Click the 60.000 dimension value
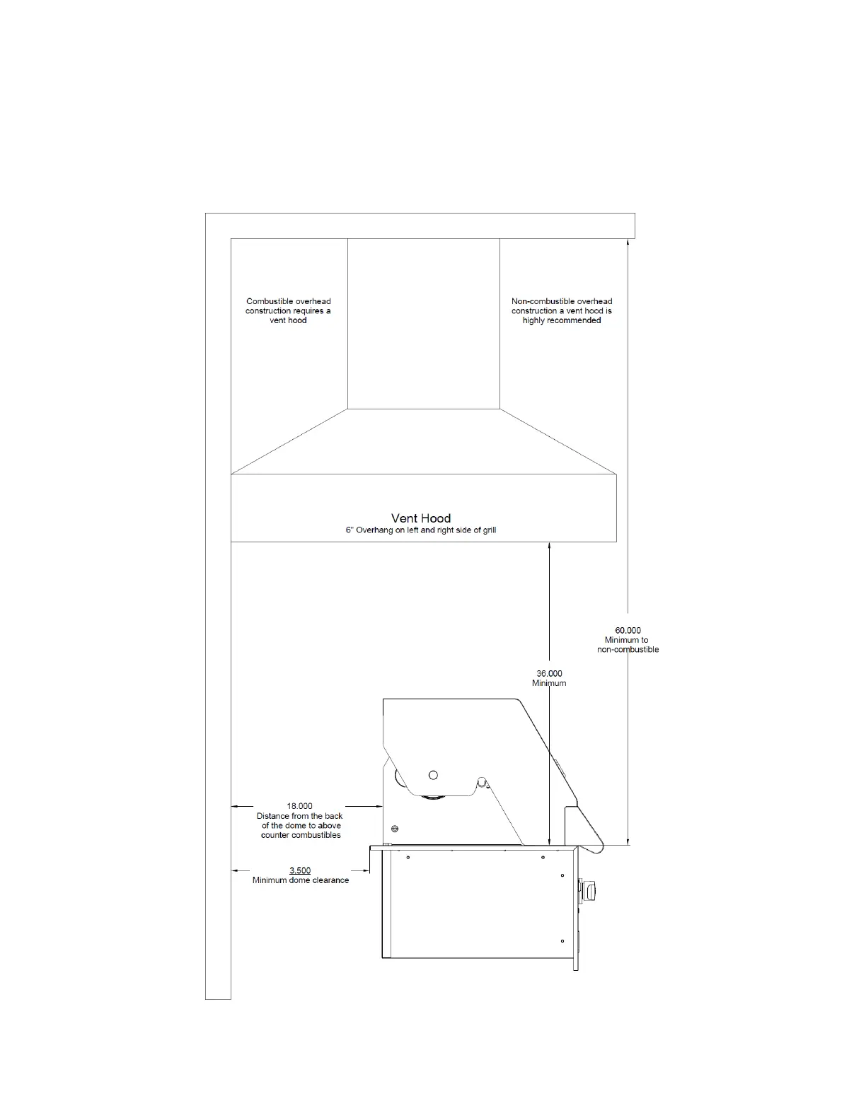[628, 630]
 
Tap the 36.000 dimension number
[549, 673]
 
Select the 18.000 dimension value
[299, 805]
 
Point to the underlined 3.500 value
[300, 870]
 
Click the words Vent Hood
[421, 518]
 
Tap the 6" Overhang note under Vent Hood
[421, 530]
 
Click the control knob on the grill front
[589, 891]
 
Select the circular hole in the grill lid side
[433, 775]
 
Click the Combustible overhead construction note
[288, 311]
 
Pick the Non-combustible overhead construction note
[562, 311]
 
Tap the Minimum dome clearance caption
[301, 880]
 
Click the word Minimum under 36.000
[549, 683]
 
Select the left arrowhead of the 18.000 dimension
[236, 805]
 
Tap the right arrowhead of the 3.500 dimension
[366, 870]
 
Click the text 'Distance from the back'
[299, 816]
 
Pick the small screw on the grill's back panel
[394, 829]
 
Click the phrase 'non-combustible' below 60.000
[628, 650]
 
